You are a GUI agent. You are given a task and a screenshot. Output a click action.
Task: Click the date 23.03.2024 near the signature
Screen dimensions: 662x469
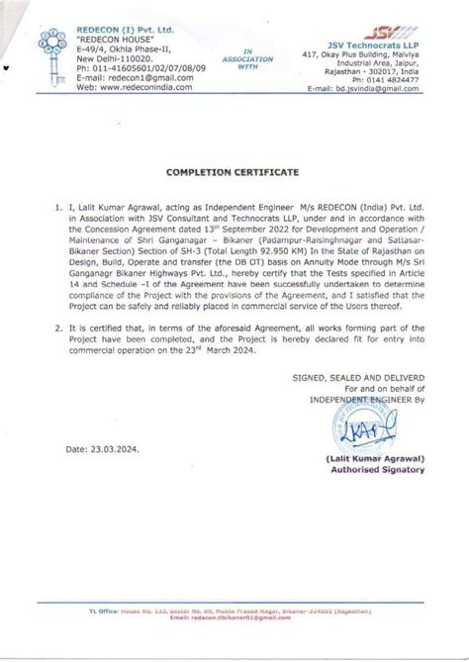pos(117,448)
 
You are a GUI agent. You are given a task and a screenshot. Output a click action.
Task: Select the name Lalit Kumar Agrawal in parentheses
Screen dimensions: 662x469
pos(383,460)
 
